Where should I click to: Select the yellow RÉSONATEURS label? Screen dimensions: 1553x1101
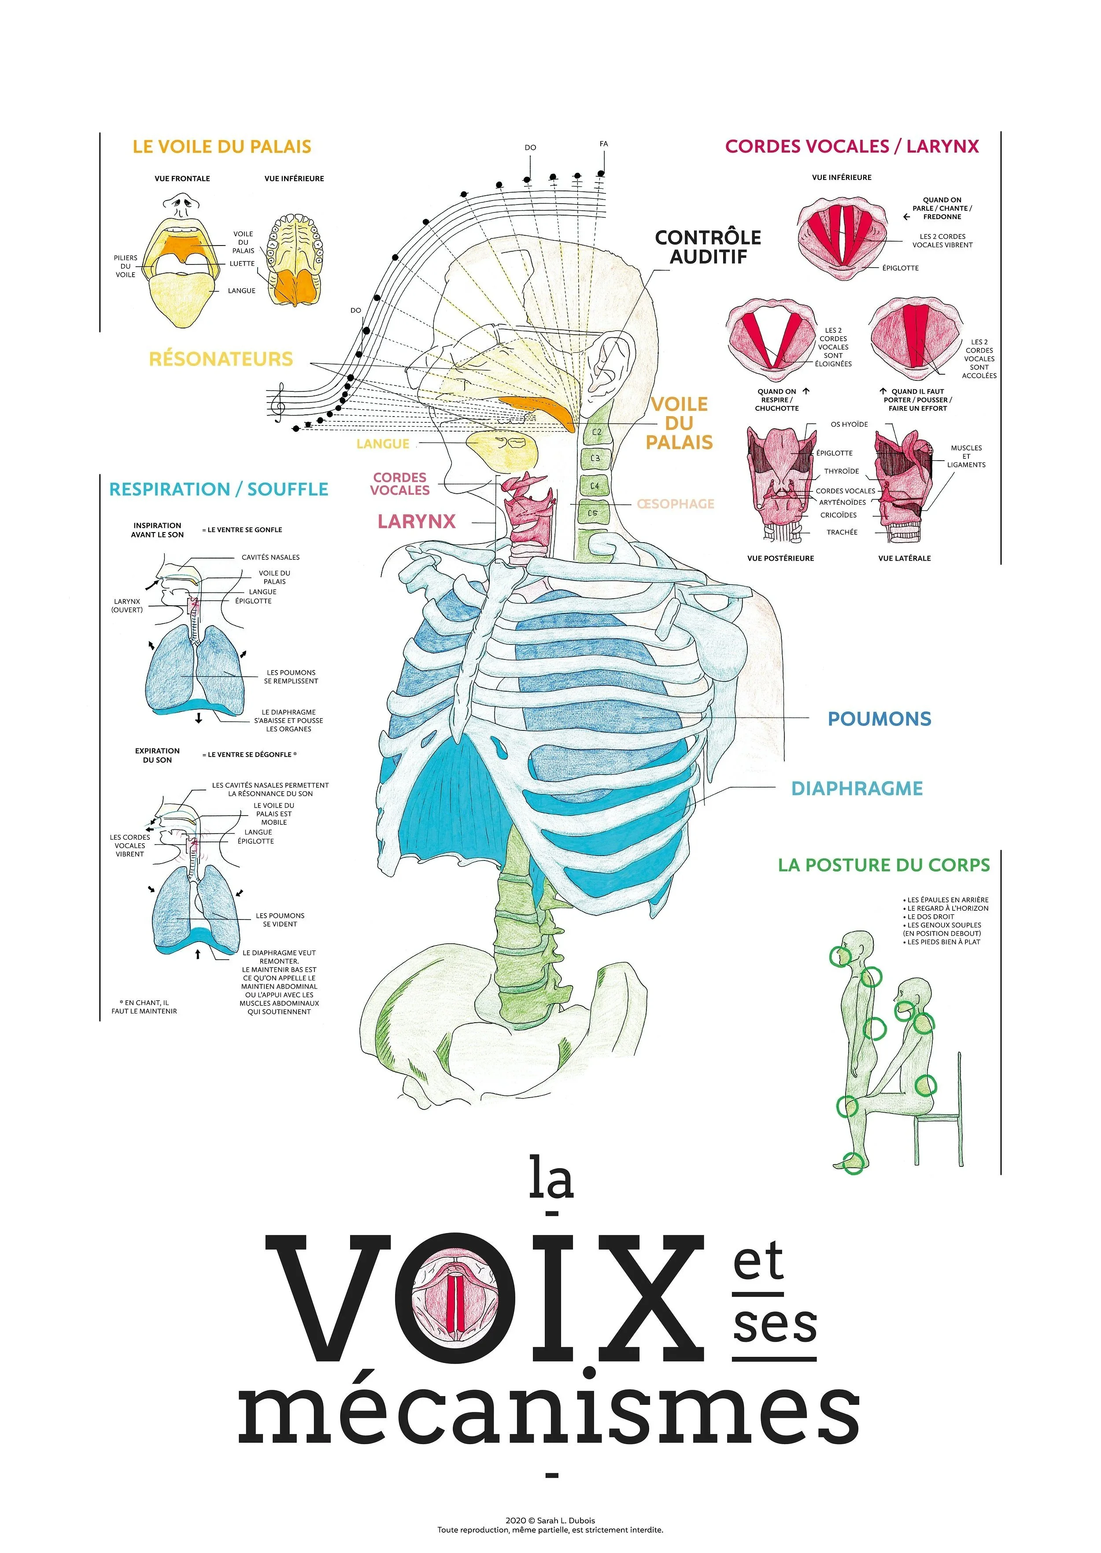coord(221,359)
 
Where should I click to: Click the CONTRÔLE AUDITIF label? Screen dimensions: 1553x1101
coord(708,247)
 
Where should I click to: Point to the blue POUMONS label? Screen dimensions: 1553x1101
coord(879,719)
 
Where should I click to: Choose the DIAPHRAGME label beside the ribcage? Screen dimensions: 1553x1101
coord(857,788)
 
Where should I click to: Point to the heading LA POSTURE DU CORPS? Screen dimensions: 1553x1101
coord(883,865)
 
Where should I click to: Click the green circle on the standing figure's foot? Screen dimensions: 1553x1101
coord(853,1162)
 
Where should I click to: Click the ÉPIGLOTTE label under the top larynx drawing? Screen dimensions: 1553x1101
coord(900,268)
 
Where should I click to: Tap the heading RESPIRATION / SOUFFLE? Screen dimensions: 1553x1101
coord(218,489)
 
